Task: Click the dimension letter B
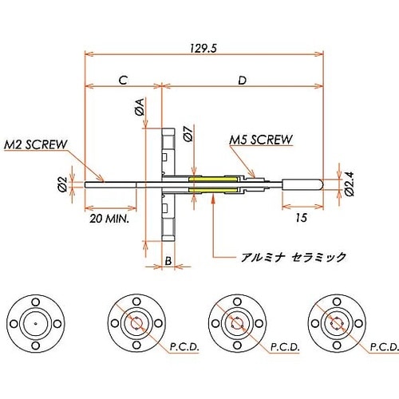coord(168,261)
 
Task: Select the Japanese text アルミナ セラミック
coord(293,257)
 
